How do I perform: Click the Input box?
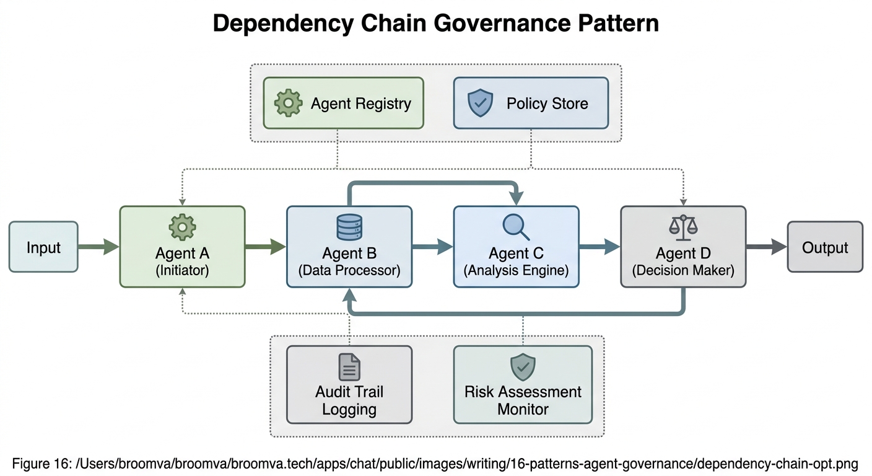(x=43, y=247)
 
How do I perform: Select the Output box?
(x=824, y=247)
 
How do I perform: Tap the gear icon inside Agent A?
(x=182, y=227)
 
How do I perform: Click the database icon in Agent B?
(x=349, y=227)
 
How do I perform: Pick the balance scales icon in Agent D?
(x=683, y=227)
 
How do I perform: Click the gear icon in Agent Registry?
(x=288, y=103)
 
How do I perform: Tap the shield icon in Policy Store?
(x=480, y=103)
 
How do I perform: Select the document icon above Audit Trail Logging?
(x=349, y=367)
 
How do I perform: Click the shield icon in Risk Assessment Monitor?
(x=523, y=367)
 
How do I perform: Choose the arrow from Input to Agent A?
(x=98, y=247)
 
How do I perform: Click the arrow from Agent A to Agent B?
(x=265, y=247)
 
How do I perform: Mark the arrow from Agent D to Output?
(x=767, y=247)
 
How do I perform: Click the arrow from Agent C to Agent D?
(x=599, y=247)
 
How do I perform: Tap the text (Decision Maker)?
(x=683, y=270)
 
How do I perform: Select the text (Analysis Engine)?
(x=516, y=270)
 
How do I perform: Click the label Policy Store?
(x=547, y=103)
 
